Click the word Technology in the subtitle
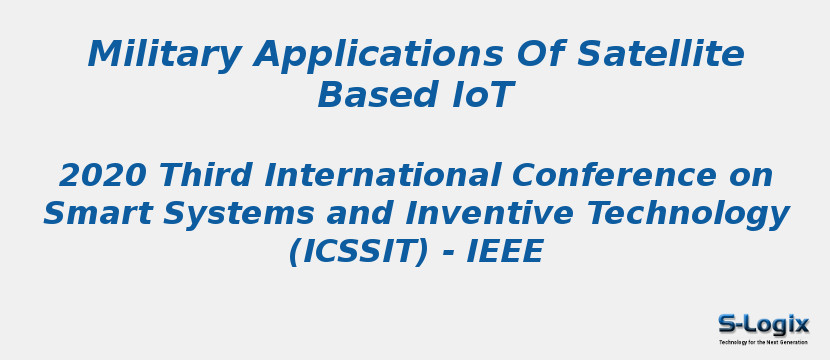click(688, 214)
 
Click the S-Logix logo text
click(763, 324)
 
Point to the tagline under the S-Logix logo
click(763, 342)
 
